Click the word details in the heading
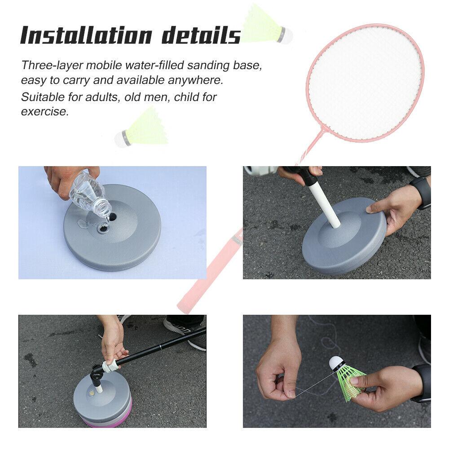click(201, 35)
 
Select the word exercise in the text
click(45, 111)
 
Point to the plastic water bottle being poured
click(90, 190)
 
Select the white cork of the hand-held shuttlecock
click(336, 363)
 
